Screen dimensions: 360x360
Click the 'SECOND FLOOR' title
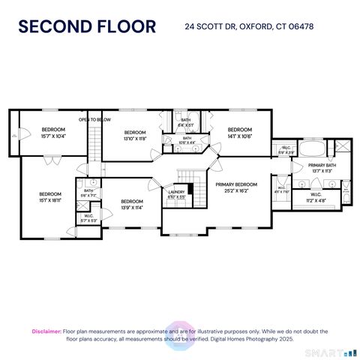pos(87,27)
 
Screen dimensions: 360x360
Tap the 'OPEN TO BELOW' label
pos(95,119)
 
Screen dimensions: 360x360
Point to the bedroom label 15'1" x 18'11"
pos(49,196)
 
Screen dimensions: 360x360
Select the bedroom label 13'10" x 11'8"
pos(133,135)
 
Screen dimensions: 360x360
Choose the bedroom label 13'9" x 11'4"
pos(131,204)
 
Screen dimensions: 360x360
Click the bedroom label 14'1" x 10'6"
pos(238,132)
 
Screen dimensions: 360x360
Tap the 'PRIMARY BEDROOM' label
pos(236,187)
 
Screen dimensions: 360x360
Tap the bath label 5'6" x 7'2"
pos(88,193)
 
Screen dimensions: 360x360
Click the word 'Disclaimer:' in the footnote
pos(46,331)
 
